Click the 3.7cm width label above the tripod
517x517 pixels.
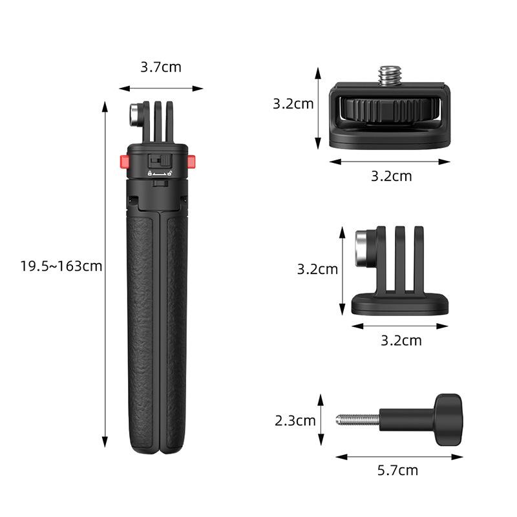(x=161, y=67)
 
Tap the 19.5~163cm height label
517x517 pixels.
(x=61, y=266)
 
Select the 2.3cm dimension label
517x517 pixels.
(x=295, y=421)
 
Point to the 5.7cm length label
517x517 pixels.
(x=397, y=470)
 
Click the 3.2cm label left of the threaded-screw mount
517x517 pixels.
(x=293, y=103)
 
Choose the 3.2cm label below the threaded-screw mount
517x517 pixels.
(x=391, y=176)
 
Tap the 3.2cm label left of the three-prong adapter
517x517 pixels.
(x=317, y=269)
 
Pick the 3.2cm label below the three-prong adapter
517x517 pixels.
(x=401, y=340)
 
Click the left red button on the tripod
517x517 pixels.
(x=123, y=160)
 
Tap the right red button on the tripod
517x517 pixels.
(x=193, y=160)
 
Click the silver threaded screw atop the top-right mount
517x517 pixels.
(x=388, y=76)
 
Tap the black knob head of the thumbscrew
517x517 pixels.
(x=447, y=419)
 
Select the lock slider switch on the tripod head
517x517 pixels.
(x=158, y=160)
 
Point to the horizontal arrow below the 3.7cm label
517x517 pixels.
(x=161, y=89)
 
